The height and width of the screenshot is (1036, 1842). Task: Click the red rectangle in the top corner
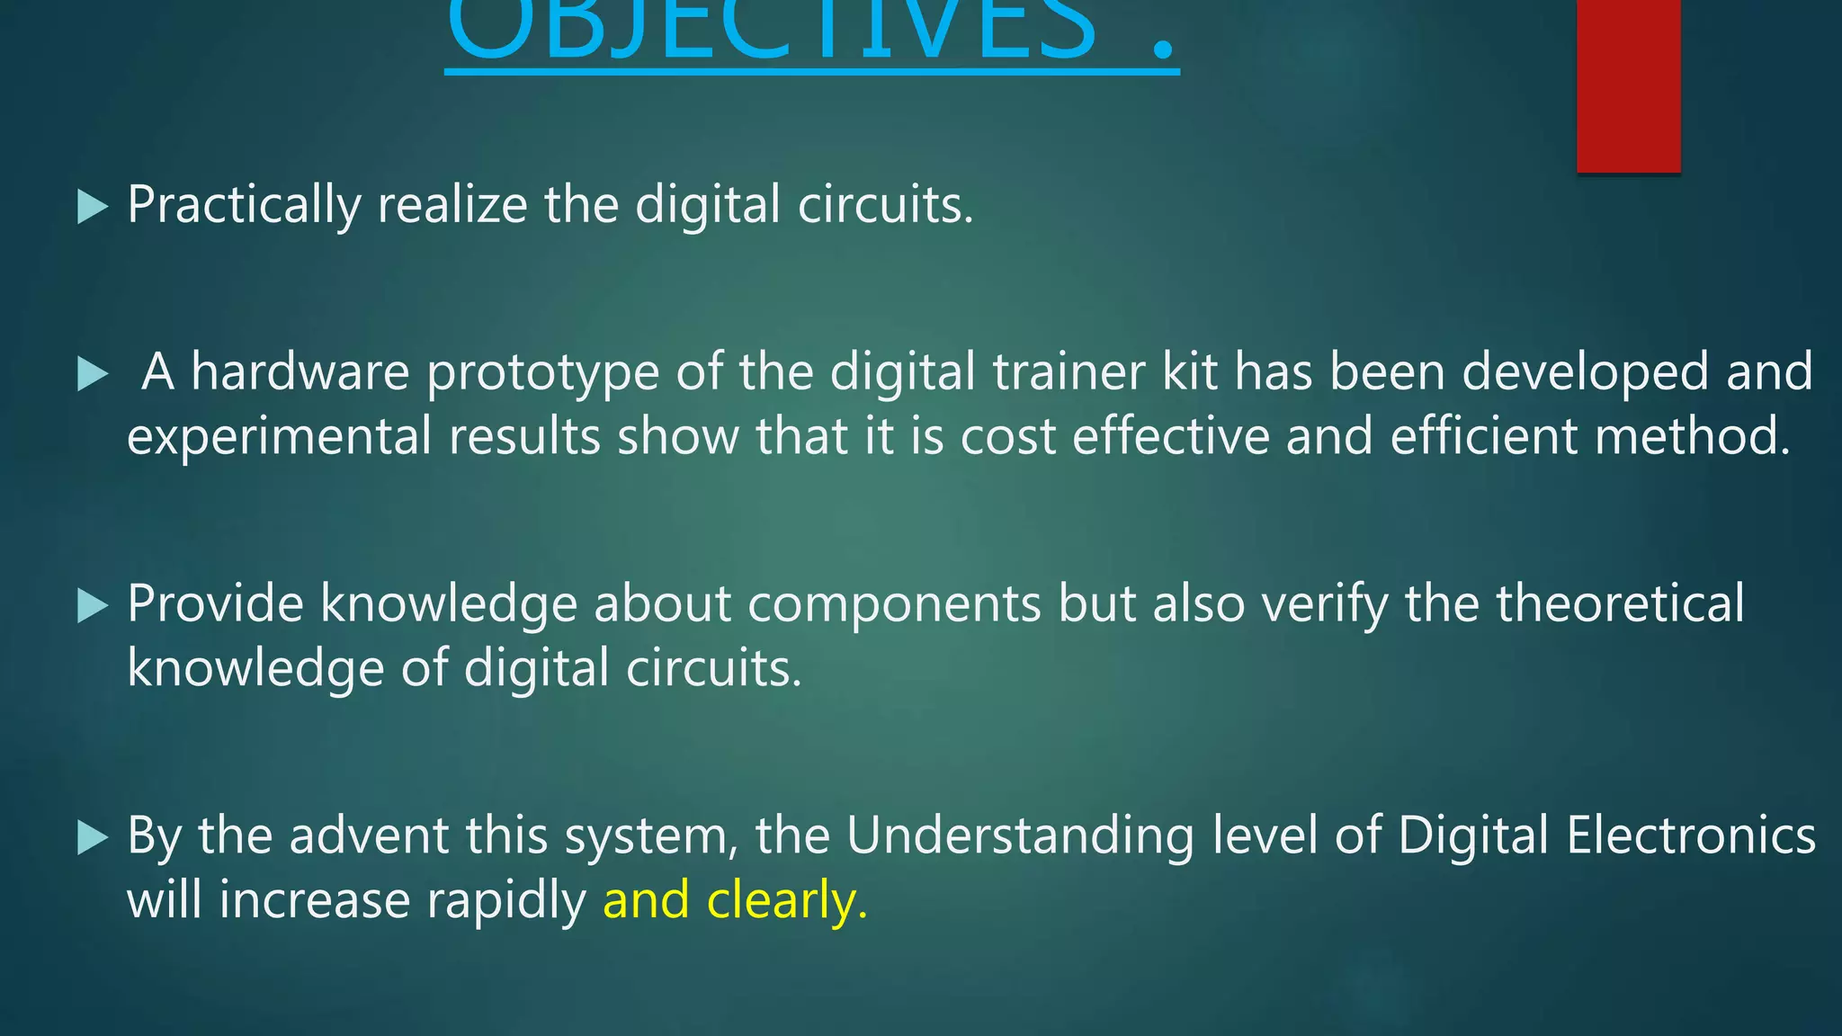[x=1628, y=85]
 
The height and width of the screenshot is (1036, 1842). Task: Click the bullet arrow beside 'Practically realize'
[x=93, y=207]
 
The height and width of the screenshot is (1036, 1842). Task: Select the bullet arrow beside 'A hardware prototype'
[x=93, y=373]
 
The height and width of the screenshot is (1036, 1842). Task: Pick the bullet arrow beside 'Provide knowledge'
[x=93, y=605]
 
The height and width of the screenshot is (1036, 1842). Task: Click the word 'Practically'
[x=244, y=205]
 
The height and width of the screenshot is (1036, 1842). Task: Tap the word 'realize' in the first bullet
[x=452, y=205]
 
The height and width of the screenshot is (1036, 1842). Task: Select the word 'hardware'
[x=300, y=371]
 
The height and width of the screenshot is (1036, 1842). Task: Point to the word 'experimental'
[x=280, y=437]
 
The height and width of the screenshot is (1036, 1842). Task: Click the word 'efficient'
[x=1484, y=436]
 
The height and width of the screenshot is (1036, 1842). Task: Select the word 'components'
[x=894, y=604]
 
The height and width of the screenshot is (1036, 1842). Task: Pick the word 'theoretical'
[x=1620, y=603]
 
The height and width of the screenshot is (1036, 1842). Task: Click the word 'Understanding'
[x=1020, y=836]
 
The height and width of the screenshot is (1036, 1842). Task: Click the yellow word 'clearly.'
[x=788, y=900]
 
